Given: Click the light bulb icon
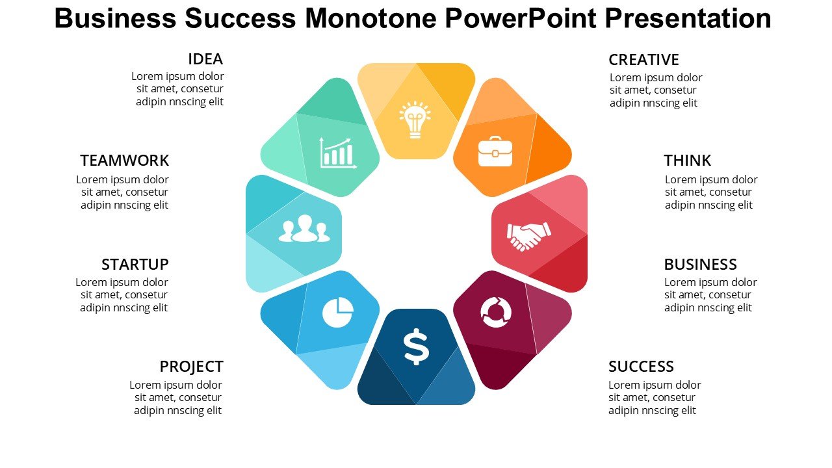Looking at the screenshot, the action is click(415, 120).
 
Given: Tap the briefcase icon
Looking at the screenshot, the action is click(495, 151).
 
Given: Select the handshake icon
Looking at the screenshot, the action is click(529, 236).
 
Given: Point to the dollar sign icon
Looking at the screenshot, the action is click(417, 346).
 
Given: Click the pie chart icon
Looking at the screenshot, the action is click(337, 312).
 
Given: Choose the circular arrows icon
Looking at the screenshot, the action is click(496, 313).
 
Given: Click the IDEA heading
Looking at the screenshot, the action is click(205, 59).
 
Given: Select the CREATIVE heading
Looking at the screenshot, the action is click(643, 60).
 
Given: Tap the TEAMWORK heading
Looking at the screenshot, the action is click(124, 161).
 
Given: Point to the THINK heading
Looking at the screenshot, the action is click(687, 161).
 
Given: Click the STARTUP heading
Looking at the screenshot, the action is click(135, 265).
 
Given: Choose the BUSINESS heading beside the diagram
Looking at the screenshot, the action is click(700, 265).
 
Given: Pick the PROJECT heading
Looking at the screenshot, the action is click(191, 367).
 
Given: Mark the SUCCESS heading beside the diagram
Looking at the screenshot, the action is click(641, 367).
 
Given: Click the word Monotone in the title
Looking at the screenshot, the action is click(370, 18).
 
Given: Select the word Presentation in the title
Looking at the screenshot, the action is click(688, 18).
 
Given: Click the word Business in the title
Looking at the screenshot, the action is click(115, 18).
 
